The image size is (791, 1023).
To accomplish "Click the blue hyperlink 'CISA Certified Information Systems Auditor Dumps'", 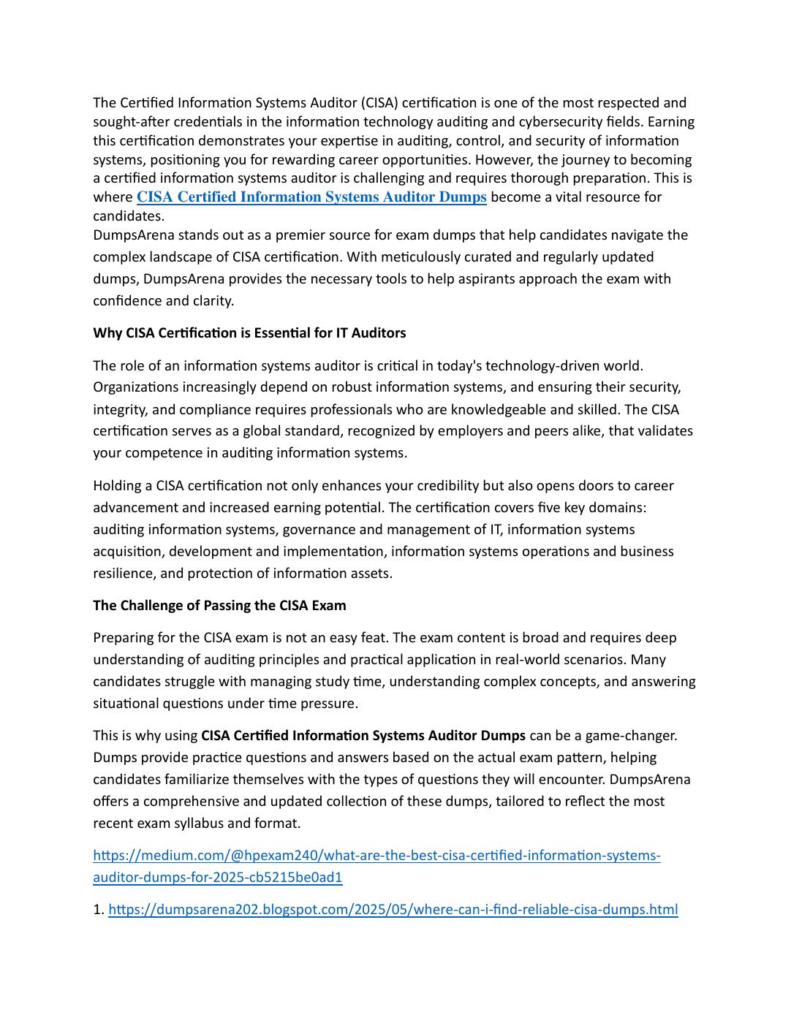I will coord(311,197).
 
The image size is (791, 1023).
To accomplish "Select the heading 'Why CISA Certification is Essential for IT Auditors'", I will coord(249,333).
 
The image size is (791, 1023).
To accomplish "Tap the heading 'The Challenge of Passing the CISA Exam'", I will coord(219,606).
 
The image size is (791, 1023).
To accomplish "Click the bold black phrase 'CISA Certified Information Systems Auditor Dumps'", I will coord(363,735).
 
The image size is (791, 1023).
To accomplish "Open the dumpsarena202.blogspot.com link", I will coord(393,910).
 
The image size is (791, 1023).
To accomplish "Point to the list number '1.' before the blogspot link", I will coord(99,910).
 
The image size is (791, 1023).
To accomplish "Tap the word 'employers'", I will coord(472,431).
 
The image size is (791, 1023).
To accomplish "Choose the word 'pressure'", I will coord(329,704).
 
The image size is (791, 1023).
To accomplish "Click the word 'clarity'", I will coord(211,301).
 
